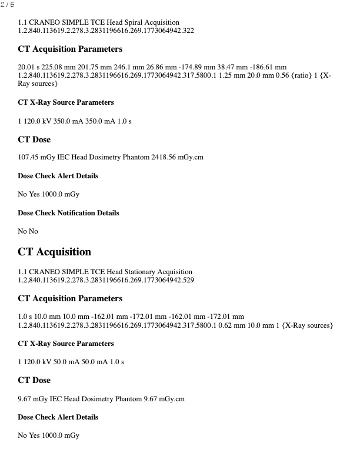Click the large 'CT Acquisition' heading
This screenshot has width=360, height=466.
(55, 252)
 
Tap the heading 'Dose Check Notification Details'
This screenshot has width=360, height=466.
(68, 213)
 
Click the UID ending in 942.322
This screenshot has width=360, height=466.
(106, 30)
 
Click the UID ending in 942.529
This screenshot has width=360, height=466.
(106, 279)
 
